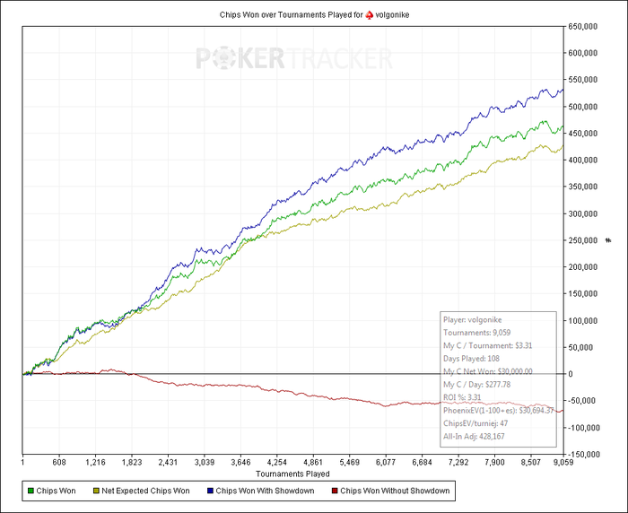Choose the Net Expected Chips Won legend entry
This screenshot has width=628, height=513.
144,491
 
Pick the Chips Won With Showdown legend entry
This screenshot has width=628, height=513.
260,491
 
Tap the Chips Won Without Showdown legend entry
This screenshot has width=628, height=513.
391,491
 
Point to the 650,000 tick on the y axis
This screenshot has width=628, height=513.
588,26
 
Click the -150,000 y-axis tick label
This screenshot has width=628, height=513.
587,454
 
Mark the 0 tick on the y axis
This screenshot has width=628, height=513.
573,374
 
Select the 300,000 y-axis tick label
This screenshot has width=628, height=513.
588,213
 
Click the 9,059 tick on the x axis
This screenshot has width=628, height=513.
562,463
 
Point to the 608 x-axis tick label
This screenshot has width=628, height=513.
59,463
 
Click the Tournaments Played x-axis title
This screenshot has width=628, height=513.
292,473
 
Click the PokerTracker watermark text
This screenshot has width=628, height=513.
294,59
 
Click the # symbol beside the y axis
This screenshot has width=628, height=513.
607,240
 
